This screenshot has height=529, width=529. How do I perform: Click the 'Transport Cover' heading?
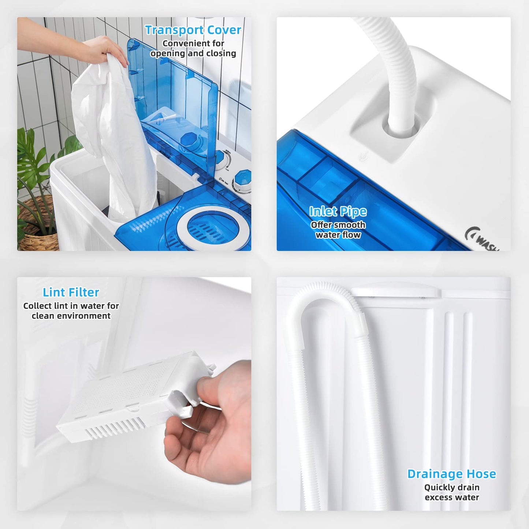pyautogui.click(x=193, y=30)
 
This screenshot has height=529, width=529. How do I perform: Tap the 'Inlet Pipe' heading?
pyautogui.click(x=338, y=211)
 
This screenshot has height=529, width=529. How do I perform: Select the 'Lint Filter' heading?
pyautogui.click(x=71, y=292)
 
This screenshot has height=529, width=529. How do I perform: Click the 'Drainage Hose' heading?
pyautogui.click(x=451, y=474)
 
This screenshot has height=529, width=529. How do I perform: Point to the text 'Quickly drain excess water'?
pyautogui.click(x=452, y=492)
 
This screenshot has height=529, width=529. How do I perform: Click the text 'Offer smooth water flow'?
pyautogui.click(x=338, y=230)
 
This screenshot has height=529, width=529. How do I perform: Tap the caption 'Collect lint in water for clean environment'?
pyautogui.click(x=71, y=311)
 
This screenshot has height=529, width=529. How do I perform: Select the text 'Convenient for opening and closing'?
pyautogui.click(x=193, y=48)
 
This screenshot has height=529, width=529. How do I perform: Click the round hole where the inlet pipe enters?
pyautogui.click(x=401, y=128)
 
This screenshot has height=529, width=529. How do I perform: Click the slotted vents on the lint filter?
pyautogui.click(x=113, y=426)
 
